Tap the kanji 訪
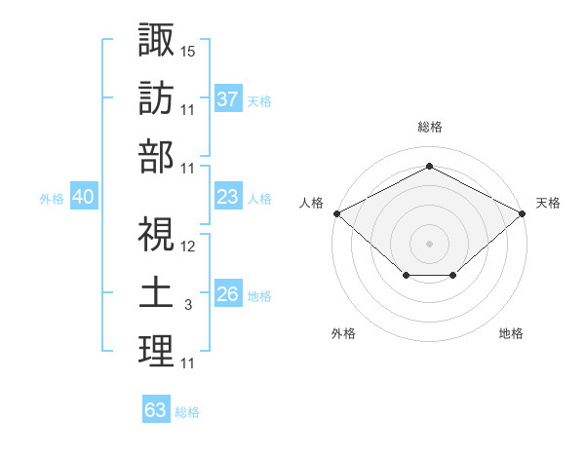point(156,97)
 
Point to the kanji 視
point(156,235)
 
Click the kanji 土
point(156,294)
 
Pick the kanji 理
point(156,353)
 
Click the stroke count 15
point(188,50)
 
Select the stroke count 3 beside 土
point(188,305)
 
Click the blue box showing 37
point(227,99)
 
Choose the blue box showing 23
point(227,197)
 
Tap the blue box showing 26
point(227,294)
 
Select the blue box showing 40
point(83,197)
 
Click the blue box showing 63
point(156,410)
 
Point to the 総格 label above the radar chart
point(429,127)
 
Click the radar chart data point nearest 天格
point(524,213)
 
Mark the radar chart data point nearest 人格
point(336,213)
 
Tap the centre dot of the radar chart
point(429,243)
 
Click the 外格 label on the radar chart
point(343,333)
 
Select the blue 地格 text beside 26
point(259,295)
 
